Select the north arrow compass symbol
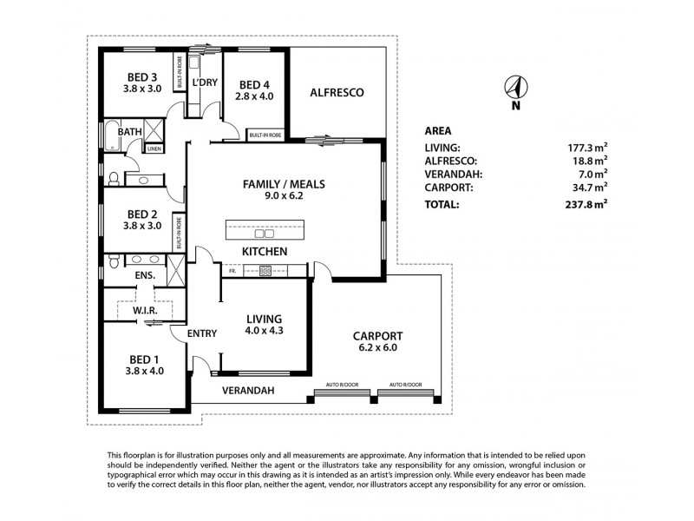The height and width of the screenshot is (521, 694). coord(515,87)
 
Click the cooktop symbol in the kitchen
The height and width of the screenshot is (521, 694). coord(265,271)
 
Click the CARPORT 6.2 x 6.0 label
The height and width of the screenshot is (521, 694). coord(376,341)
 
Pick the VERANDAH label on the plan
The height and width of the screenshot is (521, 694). coord(248,391)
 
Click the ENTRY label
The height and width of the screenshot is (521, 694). coord(201,333)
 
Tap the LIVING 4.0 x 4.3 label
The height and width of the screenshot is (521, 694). coord(265,325)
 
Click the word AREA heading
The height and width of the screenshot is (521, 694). coord(437,131)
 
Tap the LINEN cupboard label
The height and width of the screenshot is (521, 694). coord(154,148)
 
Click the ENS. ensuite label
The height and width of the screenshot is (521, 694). coord(144,276)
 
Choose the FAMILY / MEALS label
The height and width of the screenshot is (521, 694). coord(278,188)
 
